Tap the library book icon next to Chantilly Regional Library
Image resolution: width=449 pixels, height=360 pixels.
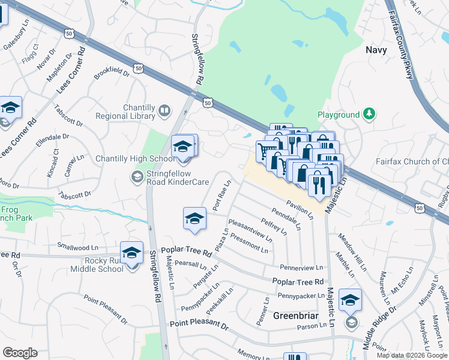(164, 111)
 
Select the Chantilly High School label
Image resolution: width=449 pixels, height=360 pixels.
(135, 158)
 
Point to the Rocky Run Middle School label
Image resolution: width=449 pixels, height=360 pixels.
(95, 265)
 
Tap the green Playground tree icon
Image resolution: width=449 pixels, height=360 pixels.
(370, 114)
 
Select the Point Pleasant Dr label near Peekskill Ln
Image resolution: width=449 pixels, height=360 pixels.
(199, 325)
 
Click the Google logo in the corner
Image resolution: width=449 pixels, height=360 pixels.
(20, 353)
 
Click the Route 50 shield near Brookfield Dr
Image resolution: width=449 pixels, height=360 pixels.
(139, 69)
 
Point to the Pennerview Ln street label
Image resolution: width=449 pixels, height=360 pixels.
(301, 266)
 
